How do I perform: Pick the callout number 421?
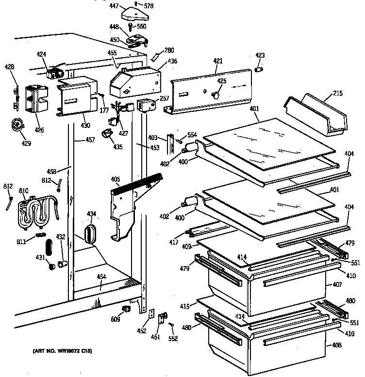pyautogui.click(x=218, y=61)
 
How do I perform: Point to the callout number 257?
pyautogui.click(x=164, y=98)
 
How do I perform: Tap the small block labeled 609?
pyautogui.click(x=126, y=308)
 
